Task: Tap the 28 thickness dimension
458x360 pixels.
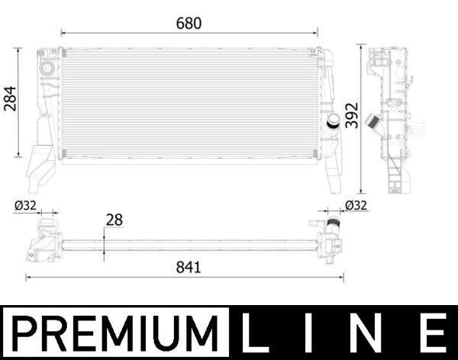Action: (x=114, y=220)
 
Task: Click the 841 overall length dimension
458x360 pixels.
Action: (x=188, y=267)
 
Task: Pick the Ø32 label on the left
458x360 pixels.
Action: (x=26, y=204)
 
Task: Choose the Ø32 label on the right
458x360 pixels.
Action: (x=356, y=204)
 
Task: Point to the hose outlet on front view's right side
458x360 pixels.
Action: (x=334, y=124)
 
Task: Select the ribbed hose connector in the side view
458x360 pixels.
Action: (x=373, y=123)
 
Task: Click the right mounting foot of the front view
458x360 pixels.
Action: (x=335, y=172)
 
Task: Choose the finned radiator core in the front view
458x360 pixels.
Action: (x=188, y=104)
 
